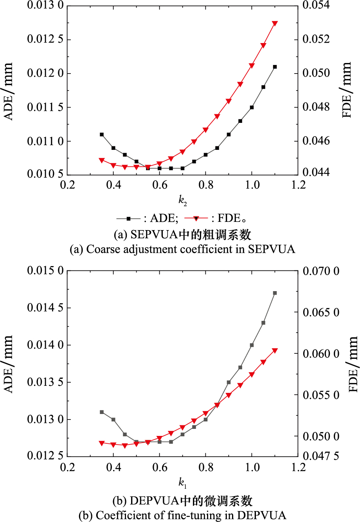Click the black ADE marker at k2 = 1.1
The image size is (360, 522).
pyautogui.click(x=275, y=67)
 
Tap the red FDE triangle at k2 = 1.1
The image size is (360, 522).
pyautogui.click(x=275, y=23)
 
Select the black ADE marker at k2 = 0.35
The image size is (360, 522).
pyautogui.click(x=102, y=135)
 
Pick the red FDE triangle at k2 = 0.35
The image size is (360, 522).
pyautogui.click(x=102, y=160)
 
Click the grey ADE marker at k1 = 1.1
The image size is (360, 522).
pyautogui.click(x=275, y=293)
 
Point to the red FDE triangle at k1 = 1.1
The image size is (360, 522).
pyautogui.click(x=275, y=351)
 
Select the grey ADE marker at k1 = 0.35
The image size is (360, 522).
pyautogui.click(x=102, y=412)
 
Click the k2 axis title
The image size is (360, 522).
pyautogui.click(x=183, y=200)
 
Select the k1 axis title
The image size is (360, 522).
pyautogui.click(x=183, y=483)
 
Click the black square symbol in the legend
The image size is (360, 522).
pyautogui.click(x=128, y=218)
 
